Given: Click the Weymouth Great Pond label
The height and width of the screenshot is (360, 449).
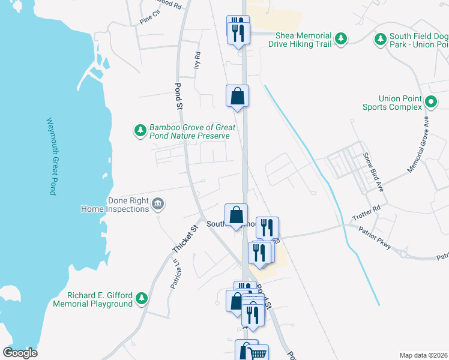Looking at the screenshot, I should [51, 155].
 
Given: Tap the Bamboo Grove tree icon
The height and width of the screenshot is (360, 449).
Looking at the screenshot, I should [140, 130].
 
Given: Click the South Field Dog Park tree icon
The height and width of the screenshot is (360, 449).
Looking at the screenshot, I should [380, 40].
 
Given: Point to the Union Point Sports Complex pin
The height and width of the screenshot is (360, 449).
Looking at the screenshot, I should [430, 103].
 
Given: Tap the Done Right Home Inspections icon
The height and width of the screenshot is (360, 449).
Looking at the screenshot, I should [158, 205].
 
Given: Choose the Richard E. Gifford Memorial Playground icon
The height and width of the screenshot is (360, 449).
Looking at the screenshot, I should [142, 298].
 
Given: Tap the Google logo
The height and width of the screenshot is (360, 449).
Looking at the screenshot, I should [20, 352].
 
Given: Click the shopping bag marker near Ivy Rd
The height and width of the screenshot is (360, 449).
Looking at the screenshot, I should [237, 96].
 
